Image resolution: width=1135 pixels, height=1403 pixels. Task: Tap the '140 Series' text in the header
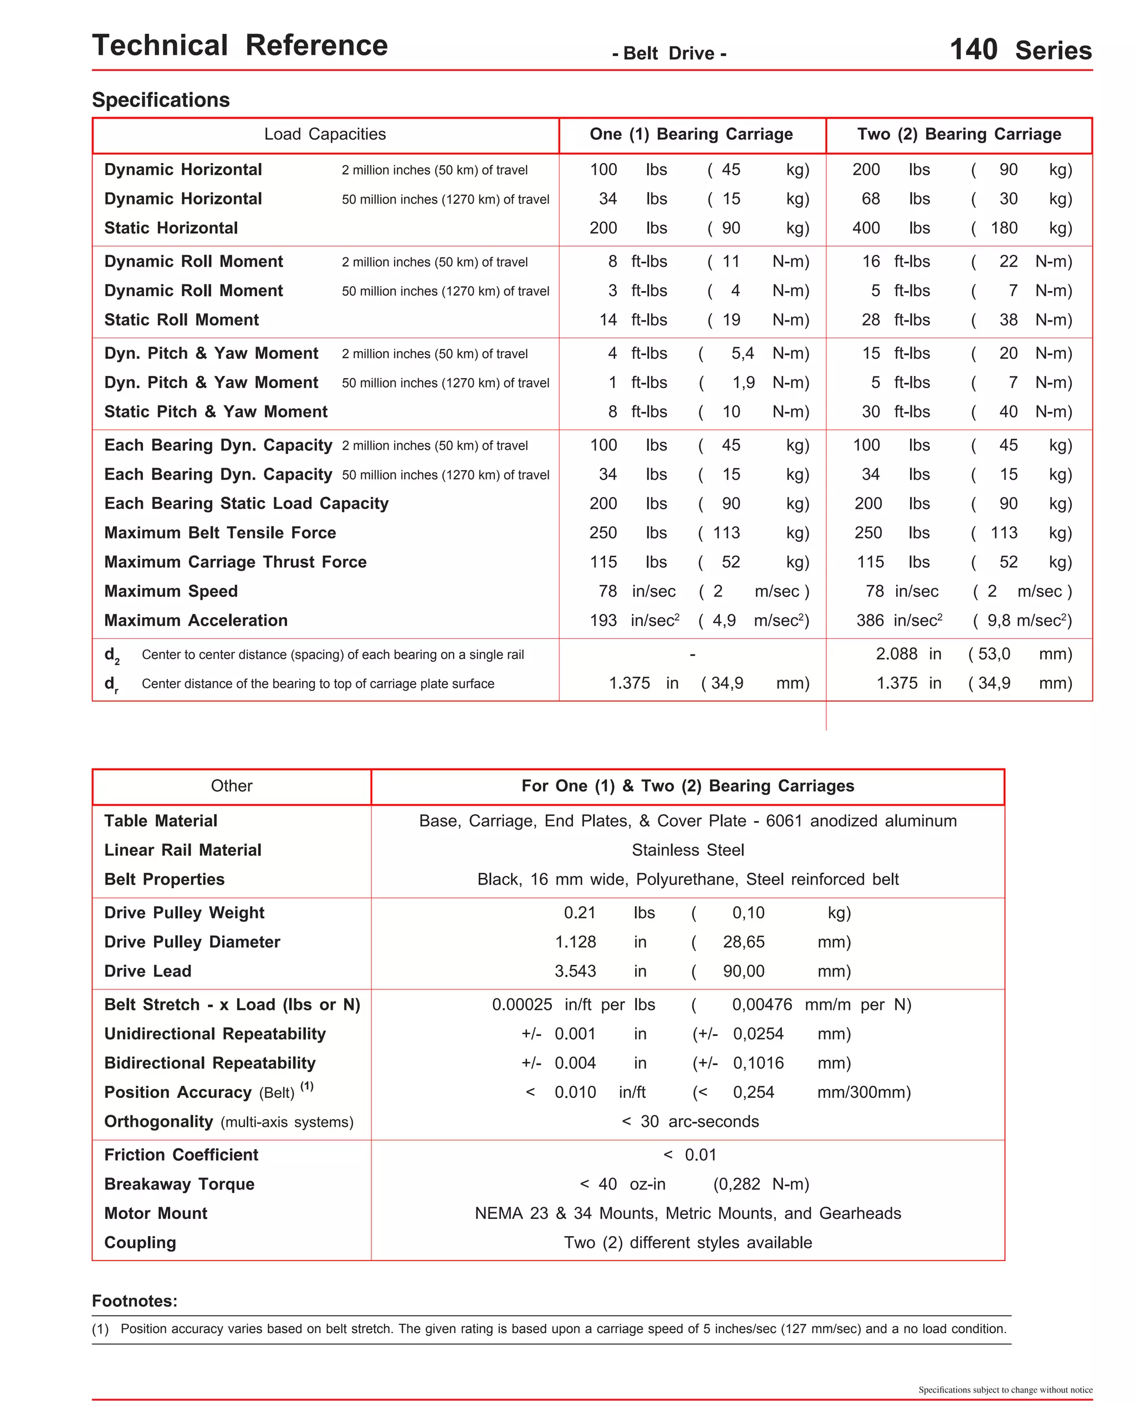coord(1020,50)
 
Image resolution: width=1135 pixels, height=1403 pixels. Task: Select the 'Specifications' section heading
coord(161,100)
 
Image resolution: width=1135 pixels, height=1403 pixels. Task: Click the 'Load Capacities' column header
coord(325,134)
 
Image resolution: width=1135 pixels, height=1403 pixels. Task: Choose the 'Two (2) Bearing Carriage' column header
coord(958,134)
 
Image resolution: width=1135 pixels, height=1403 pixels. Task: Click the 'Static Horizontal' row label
coord(171,228)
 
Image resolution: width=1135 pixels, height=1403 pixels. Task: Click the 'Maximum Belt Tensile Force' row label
coord(219,533)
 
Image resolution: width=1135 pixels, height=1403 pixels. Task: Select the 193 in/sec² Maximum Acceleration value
coord(633,621)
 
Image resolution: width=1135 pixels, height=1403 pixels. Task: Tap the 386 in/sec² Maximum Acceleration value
coord(899,621)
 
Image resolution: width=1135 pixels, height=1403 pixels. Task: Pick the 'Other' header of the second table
coord(232,786)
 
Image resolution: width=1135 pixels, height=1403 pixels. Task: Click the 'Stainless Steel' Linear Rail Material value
coord(688,850)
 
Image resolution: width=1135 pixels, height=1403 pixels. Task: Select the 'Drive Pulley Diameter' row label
coord(192,943)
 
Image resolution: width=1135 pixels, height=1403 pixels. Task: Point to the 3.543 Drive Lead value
coord(575,972)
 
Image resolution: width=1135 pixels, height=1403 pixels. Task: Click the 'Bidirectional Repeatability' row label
coord(209,1064)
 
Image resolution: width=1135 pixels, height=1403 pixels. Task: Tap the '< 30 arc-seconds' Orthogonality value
coord(690,1122)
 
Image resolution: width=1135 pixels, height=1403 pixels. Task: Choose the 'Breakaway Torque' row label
coord(179,1185)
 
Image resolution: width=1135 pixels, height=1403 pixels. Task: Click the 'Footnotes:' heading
coord(135,1302)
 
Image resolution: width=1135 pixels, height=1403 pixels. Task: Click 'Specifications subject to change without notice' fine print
coord(1005,1390)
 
